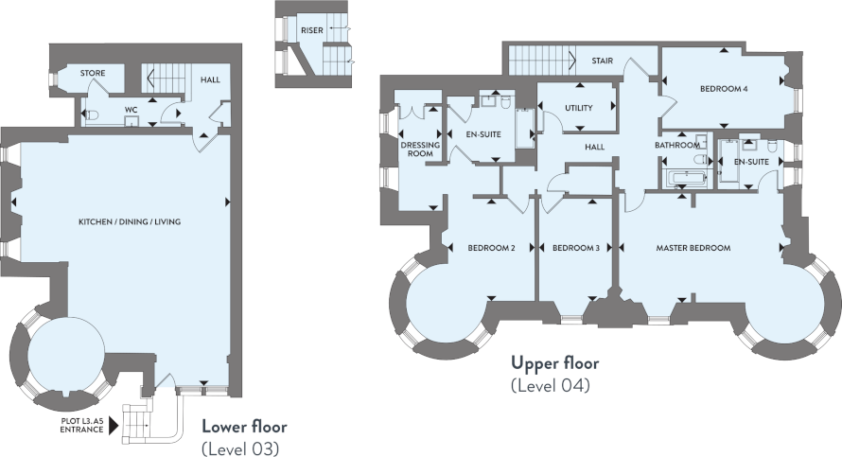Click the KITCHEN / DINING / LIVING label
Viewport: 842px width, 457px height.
coord(130,221)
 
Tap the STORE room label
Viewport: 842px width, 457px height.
coord(93,73)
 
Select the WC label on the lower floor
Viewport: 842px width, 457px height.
coord(131,110)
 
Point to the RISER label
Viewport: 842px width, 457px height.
coord(312,30)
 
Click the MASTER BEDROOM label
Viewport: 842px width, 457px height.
coord(693,248)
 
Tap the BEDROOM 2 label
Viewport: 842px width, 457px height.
coord(491,248)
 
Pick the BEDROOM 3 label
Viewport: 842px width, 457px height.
coord(575,248)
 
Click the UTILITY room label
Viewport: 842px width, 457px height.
coord(579,108)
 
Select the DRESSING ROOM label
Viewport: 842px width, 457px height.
coord(420,149)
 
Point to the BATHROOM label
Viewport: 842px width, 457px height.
coord(677,145)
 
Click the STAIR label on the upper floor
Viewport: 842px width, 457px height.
coord(602,61)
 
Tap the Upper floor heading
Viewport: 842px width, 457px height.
coord(554,363)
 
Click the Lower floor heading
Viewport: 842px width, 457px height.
coord(244,427)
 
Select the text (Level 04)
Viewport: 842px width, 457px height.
coord(551,386)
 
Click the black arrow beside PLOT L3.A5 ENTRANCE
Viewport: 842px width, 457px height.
coord(114,427)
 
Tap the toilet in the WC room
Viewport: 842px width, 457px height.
coord(91,114)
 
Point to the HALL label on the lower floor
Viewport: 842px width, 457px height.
coord(210,80)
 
